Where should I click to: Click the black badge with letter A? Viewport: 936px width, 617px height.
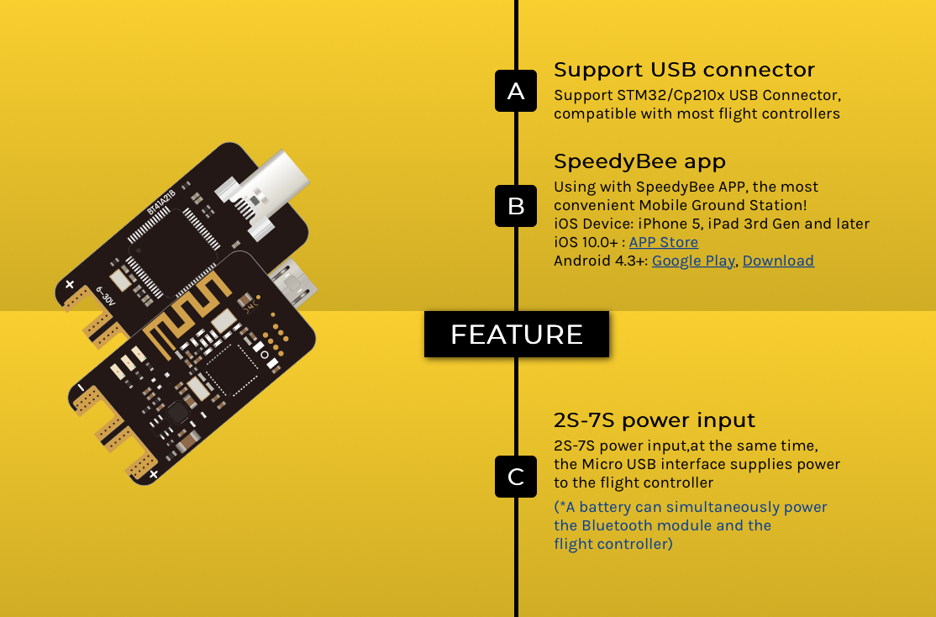tap(516, 91)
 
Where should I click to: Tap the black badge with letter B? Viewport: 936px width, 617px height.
tap(516, 206)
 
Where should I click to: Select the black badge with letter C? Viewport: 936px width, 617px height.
tap(516, 477)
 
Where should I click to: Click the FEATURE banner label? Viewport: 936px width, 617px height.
tap(517, 334)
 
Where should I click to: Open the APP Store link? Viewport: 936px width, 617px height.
tap(663, 242)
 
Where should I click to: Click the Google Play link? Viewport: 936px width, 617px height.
tap(693, 261)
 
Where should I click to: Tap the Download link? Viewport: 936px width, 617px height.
tap(778, 261)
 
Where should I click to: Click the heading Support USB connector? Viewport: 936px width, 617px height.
tap(684, 69)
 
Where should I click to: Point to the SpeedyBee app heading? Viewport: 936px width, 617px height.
tap(639, 161)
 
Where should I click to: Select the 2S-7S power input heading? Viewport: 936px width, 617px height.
tap(655, 420)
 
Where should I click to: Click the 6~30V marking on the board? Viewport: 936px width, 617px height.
tap(106, 296)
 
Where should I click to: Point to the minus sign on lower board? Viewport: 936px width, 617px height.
tap(82, 388)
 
